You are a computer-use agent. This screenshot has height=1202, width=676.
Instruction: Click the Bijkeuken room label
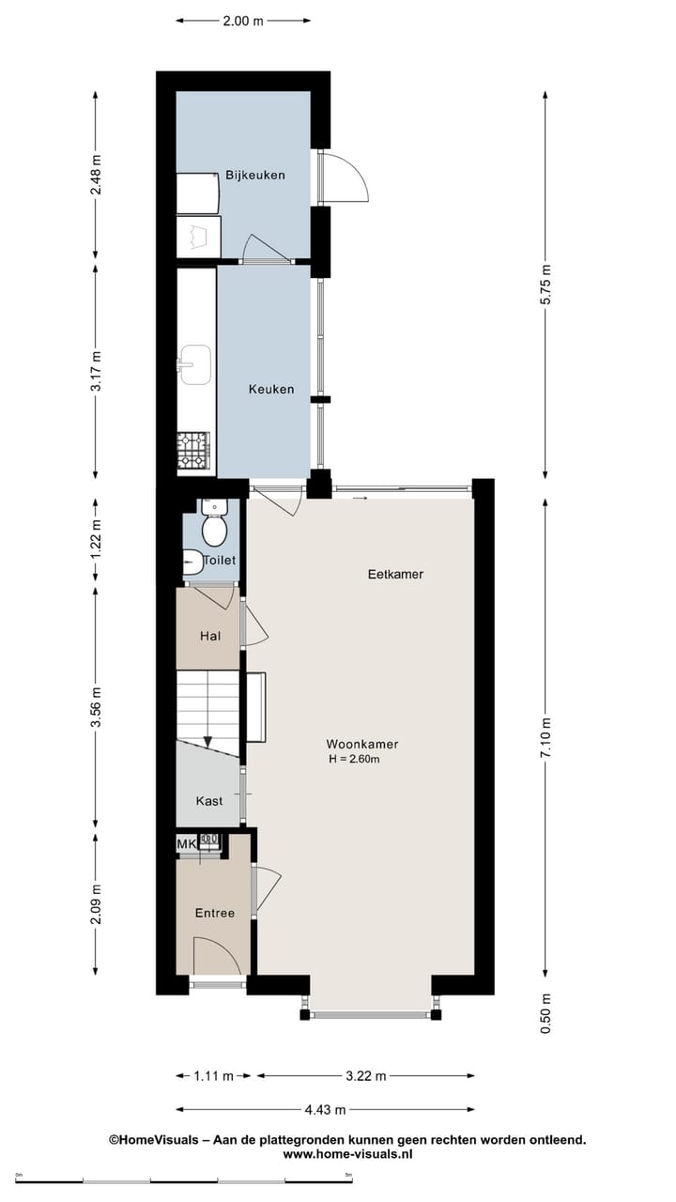(254, 176)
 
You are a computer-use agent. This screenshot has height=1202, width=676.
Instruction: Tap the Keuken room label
(270, 390)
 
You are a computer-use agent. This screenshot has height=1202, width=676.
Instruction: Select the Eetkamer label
(395, 574)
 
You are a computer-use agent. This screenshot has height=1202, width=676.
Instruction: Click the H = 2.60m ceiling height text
(353, 759)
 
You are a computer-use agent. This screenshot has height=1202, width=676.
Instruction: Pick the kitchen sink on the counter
(194, 364)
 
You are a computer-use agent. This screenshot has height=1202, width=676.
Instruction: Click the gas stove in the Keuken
(193, 451)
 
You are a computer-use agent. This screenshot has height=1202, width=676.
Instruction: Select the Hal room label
(210, 636)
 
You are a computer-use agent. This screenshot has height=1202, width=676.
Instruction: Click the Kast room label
(209, 801)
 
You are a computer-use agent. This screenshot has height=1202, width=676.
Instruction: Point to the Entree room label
(214, 913)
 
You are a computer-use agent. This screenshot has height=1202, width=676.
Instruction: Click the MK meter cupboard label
(187, 844)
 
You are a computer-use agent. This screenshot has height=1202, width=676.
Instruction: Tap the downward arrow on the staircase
(207, 742)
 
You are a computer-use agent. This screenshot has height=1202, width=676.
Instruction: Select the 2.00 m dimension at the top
(243, 21)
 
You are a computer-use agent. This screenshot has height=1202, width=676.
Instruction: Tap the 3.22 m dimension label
(365, 1076)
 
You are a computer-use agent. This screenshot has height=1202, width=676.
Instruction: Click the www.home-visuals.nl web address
(347, 1155)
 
